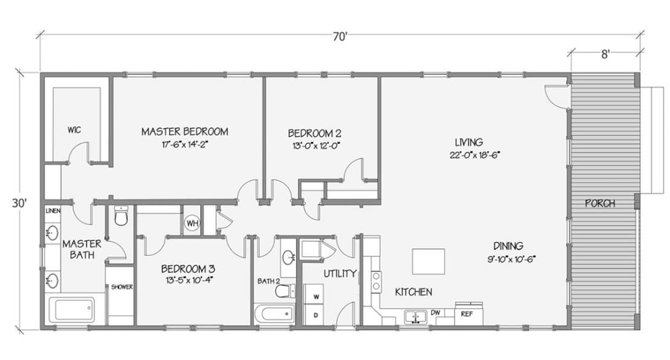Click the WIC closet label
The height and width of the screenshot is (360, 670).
(74, 129)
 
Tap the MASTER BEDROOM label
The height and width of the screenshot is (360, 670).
(185, 131)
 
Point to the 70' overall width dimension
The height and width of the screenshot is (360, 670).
(340, 37)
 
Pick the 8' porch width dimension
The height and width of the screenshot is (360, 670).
(604, 53)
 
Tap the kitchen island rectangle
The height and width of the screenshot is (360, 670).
(429, 261)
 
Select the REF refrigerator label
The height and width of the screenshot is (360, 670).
(467, 313)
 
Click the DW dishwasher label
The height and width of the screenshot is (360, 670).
(435, 313)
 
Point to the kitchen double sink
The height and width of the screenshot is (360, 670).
(415, 316)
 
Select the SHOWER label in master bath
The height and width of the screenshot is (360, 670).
(121, 287)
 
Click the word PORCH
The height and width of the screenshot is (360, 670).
(600, 203)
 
